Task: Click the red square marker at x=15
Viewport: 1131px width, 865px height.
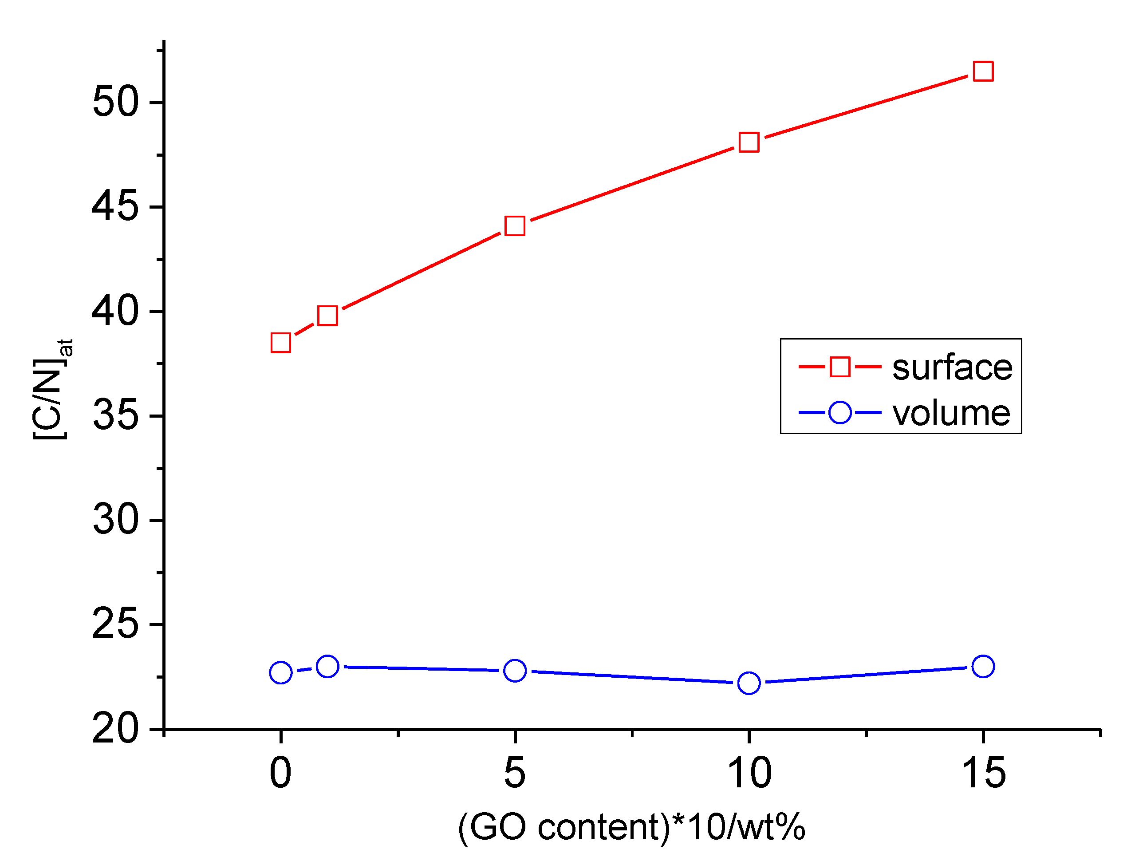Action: [983, 71]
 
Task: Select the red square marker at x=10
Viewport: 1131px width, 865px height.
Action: [749, 142]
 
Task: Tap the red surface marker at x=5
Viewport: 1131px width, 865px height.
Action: [515, 225]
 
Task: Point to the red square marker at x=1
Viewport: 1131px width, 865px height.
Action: [327, 316]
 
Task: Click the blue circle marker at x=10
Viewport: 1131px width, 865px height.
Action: [749, 683]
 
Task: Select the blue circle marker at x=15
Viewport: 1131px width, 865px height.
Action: [983, 667]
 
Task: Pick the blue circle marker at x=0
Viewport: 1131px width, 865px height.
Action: [280, 673]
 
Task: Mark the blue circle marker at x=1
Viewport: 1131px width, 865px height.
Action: [327, 667]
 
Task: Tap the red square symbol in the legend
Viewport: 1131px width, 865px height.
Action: [839, 367]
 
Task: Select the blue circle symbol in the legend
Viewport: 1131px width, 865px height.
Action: [839, 412]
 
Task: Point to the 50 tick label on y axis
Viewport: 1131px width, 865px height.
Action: [115, 102]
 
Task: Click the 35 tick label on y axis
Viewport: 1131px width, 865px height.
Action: [115, 415]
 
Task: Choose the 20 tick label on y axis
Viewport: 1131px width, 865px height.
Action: [115, 729]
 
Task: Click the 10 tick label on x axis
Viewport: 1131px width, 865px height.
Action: [749, 773]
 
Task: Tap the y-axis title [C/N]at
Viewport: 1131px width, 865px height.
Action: [51, 389]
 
